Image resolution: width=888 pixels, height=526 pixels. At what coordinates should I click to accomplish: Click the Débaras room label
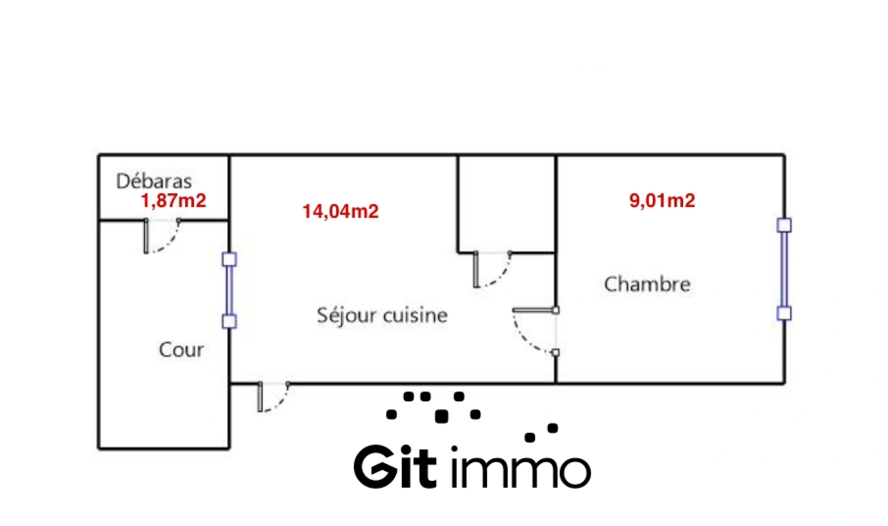(x=154, y=181)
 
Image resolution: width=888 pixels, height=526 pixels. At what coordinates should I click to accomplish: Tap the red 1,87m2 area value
(x=174, y=201)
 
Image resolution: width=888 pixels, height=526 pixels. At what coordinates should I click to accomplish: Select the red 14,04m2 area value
(x=340, y=211)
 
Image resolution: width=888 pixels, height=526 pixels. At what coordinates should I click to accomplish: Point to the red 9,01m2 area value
(x=662, y=201)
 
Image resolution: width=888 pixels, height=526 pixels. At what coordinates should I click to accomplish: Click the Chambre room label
(x=647, y=284)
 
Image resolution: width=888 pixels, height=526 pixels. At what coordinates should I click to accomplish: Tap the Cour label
(x=181, y=350)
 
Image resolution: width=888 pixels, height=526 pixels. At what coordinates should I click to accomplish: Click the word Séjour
(x=346, y=316)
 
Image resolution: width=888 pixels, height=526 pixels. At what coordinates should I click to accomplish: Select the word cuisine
(x=415, y=316)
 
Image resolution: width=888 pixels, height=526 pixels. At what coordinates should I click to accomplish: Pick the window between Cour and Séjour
(x=229, y=290)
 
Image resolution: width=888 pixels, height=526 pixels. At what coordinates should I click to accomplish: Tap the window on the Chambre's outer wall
(x=784, y=269)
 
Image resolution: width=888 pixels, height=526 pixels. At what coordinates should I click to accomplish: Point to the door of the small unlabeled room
(x=491, y=269)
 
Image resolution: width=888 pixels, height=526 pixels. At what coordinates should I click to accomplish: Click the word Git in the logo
(x=395, y=467)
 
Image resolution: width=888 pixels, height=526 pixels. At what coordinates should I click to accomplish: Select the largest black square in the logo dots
(x=441, y=416)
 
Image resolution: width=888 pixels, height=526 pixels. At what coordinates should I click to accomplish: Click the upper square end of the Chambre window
(x=784, y=225)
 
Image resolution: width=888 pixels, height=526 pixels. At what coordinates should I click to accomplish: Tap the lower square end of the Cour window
(x=229, y=321)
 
